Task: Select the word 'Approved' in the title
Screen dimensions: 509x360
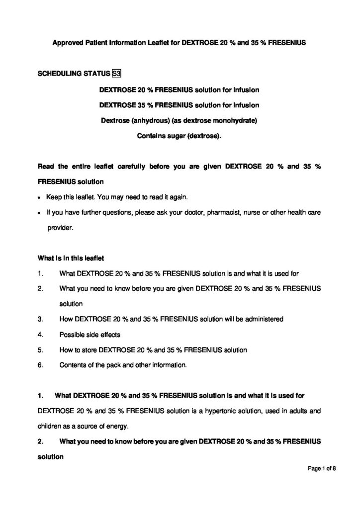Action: point(68,43)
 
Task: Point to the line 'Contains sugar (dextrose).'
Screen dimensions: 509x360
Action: point(180,135)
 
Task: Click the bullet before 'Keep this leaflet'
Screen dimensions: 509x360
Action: point(40,197)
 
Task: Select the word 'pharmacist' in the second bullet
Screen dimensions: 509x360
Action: point(232,213)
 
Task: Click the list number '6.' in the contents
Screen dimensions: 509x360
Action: point(40,365)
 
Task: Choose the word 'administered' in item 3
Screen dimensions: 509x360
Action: point(266,319)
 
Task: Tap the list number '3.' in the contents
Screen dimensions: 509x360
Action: point(40,319)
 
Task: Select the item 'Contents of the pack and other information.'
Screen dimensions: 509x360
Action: point(123,365)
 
